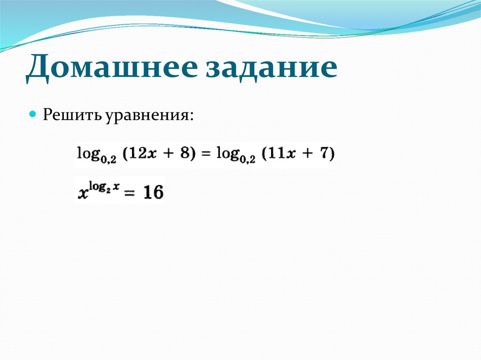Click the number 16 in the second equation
point(153,192)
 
